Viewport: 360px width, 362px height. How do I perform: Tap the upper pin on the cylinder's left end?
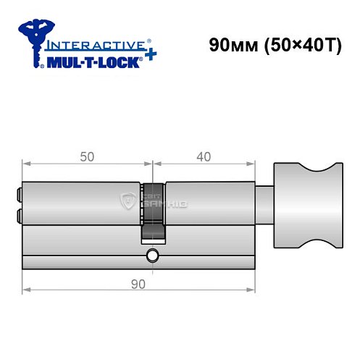pos(18,194)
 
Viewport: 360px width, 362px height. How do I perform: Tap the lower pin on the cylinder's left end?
pos(18,215)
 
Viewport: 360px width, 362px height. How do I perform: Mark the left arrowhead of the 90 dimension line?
pos(26,290)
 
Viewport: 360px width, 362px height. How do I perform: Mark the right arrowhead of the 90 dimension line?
pos(255,290)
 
